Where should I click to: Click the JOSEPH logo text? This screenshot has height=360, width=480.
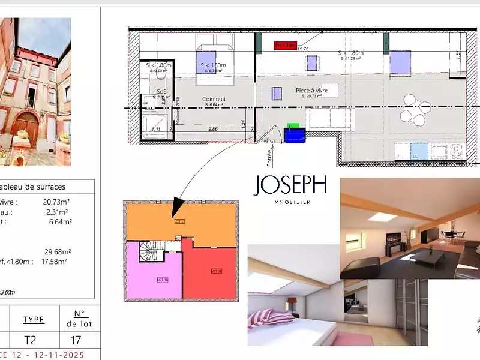click(292, 185)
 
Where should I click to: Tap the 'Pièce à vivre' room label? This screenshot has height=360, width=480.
click(312, 91)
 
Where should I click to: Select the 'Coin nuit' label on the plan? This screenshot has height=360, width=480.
click(214, 100)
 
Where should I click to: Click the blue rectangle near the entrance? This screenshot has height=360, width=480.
click(295, 136)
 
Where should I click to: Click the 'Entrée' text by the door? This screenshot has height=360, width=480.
click(269, 157)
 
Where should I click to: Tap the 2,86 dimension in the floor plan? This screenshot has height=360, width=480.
click(212, 129)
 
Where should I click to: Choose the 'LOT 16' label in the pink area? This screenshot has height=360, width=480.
click(161, 280)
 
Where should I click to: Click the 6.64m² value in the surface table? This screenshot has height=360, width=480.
click(60, 221)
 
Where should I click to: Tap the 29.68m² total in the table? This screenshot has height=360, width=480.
click(58, 251)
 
